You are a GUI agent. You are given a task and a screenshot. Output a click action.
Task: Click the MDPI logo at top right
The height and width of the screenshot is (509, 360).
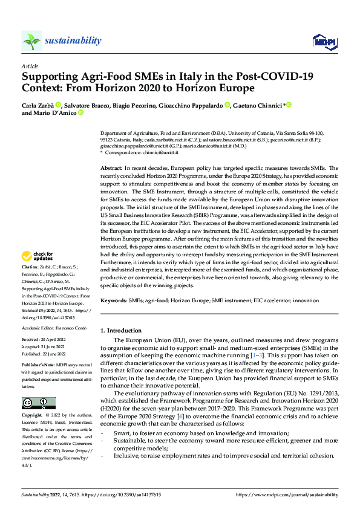(x=324, y=41)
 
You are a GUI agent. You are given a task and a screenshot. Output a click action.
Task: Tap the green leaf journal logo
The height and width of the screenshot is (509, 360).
(x=31, y=41)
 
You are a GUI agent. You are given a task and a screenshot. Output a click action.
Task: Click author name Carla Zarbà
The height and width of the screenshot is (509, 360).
(x=37, y=105)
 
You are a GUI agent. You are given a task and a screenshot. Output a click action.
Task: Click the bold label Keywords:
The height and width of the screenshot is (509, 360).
(x=114, y=300)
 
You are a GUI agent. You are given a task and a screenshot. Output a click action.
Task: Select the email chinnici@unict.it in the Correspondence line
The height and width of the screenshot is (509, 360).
(x=160, y=153)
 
